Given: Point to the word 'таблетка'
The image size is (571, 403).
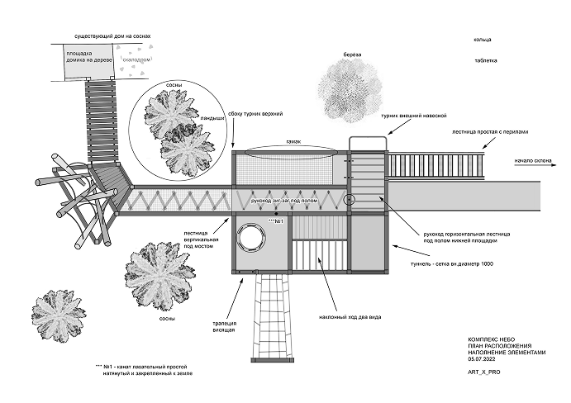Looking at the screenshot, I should click(x=486, y=60).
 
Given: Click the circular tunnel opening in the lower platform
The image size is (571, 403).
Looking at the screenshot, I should click(x=251, y=239).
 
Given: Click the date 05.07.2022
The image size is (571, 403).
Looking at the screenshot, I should click(x=483, y=358).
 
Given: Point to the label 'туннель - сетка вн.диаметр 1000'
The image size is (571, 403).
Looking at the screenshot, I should click(x=458, y=266).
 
